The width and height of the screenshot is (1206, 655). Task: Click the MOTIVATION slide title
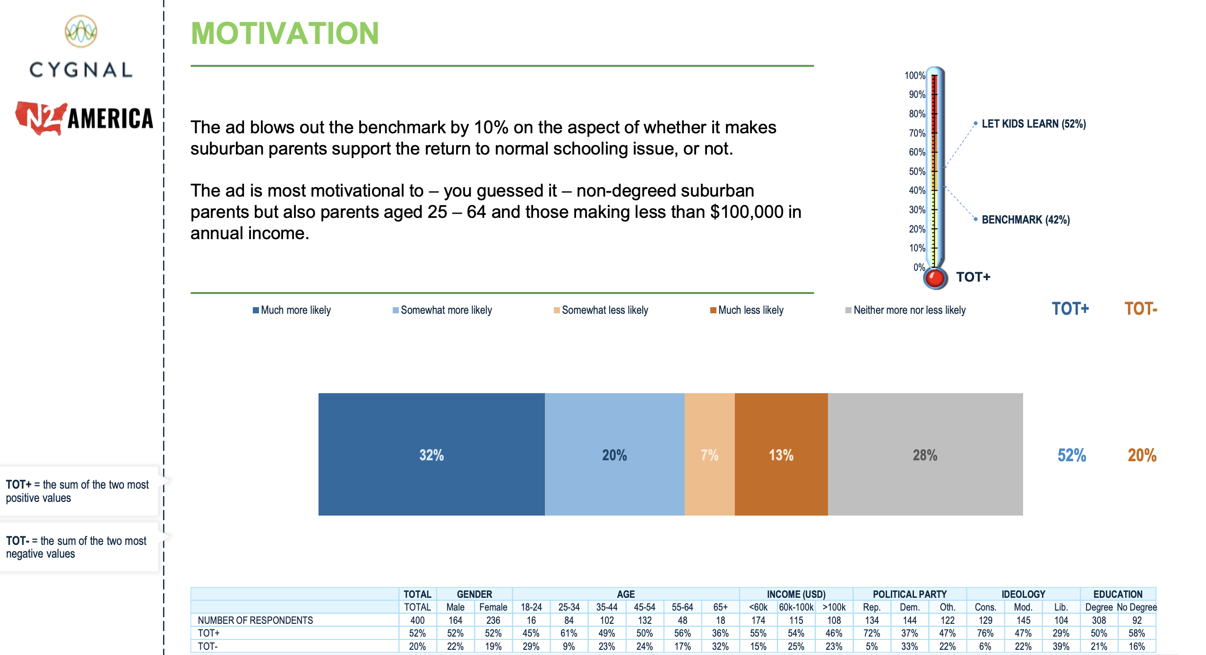click(x=284, y=34)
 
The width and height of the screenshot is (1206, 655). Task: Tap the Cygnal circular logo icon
click(x=81, y=31)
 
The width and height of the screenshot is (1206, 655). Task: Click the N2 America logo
click(x=84, y=118)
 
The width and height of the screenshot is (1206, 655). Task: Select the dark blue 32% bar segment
click(x=431, y=454)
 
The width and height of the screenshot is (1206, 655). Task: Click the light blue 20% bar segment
click(x=614, y=454)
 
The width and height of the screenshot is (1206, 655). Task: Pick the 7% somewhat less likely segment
click(x=709, y=454)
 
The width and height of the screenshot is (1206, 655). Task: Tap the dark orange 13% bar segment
click(x=781, y=454)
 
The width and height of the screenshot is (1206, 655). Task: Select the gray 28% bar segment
click(x=925, y=454)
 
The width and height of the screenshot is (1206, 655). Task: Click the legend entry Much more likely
click(x=292, y=310)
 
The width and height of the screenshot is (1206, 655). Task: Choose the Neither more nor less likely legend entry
click(x=905, y=310)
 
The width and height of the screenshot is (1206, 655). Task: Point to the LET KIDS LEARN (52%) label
click(x=1034, y=124)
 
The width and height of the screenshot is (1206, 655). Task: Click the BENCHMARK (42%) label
click(x=1025, y=220)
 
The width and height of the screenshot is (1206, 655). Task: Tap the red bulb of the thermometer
click(x=935, y=278)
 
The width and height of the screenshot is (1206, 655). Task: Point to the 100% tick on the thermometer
click(x=915, y=76)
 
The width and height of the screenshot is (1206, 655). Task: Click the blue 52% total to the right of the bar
click(x=1071, y=455)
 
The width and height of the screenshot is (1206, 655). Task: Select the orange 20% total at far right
click(x=1142, y=455)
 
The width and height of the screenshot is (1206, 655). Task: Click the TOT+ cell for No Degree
click(x=1137, y=633)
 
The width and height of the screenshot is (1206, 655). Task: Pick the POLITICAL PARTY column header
click(x=910, y=594)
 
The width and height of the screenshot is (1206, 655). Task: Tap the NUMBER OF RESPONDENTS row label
click(x=255, y=620)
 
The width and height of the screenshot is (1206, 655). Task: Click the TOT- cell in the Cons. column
click(x=985, y=646)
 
